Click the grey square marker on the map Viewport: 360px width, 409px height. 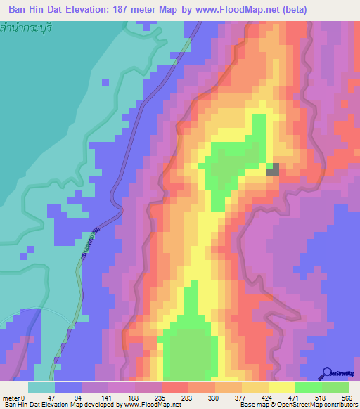(272, 169)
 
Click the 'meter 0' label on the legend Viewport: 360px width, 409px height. (14, 397)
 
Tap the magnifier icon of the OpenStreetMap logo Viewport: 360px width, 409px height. (326, 372)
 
